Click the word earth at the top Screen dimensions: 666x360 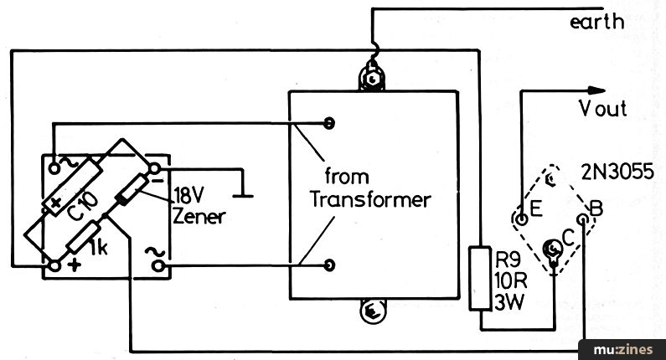point(596,22)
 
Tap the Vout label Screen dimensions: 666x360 point(602,108)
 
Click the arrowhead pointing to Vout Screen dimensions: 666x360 point(596,90)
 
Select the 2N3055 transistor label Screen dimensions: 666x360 point(617,172)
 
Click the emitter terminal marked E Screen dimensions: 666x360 point(521,219)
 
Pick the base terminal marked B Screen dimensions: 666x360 point(584,219)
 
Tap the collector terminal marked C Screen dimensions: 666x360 point(553,249)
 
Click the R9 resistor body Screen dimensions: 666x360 point(480,278)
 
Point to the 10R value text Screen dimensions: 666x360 point(510,280)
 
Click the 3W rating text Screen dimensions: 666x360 point(509,302)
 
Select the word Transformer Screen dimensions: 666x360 point(370,199)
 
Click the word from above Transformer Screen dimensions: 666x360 point(347,176)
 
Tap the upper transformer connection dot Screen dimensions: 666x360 point(328,123)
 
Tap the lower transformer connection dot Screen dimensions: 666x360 point(328,265)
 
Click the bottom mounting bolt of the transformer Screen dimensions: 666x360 point(373,311)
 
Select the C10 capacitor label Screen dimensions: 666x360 point(83,206)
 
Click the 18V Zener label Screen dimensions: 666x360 point(199,207)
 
